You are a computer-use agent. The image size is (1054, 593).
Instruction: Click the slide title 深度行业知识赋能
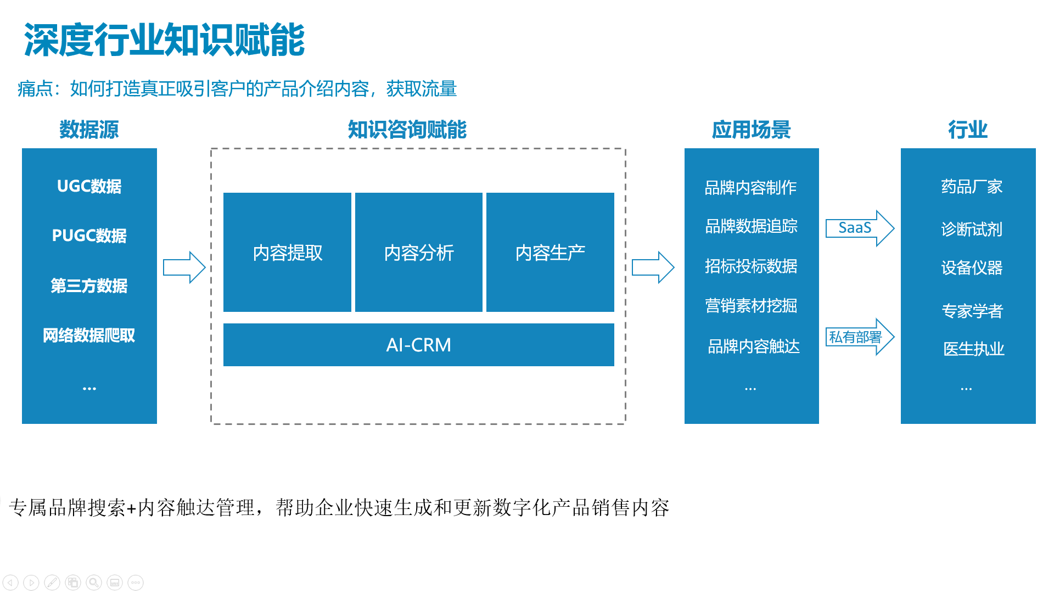point(164,40)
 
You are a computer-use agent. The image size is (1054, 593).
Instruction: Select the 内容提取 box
point(287,252)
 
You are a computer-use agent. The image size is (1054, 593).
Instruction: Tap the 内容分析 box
point(419,252)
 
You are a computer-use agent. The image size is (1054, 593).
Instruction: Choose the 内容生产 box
point(550,252)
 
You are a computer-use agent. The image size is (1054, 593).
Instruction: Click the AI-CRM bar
point(419,345)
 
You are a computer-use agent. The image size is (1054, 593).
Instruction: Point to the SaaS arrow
point(860,228)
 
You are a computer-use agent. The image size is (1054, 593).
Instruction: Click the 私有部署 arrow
point(860,337)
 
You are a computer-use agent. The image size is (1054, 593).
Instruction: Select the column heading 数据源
point(89,130)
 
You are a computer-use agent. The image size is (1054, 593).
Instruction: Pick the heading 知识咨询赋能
point(407,130)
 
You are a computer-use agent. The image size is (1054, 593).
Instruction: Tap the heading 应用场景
point(751,130)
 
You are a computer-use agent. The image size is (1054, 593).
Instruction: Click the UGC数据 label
point(89,187)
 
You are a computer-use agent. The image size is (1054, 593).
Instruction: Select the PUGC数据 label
point(89,236)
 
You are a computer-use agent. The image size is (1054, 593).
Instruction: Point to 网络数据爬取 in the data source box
point(89,335)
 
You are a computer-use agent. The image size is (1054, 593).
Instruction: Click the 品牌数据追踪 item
point(751,226)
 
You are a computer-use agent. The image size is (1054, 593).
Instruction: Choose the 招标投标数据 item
point(751,266)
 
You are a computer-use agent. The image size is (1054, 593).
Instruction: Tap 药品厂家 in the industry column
point(972,187)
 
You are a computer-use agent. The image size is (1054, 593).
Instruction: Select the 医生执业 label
point(974,349)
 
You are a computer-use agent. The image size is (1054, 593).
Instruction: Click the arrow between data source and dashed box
point(184,267)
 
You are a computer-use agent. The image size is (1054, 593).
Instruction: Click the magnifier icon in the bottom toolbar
point(94,582)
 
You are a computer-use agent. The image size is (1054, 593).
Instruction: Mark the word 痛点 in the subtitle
point(35,89)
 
